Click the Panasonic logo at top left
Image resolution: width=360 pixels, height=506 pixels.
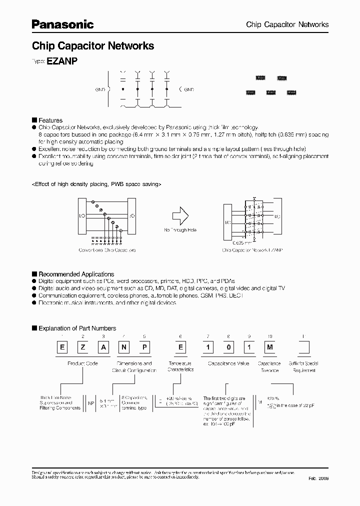(62, 24)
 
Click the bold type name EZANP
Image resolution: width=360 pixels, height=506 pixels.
(61, 60)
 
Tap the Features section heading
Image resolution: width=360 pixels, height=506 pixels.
(50, 120)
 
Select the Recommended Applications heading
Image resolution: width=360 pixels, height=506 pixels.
(76, 274)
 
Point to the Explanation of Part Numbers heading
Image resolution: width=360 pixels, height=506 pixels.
(77, 328)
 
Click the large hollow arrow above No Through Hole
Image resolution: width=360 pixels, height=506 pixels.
(180, 216)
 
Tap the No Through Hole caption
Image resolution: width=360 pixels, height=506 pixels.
(180, 230)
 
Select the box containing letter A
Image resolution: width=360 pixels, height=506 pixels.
(103, 347)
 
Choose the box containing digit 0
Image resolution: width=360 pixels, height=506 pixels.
(227, 347)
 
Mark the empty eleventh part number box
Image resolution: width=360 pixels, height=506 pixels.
(304, 347)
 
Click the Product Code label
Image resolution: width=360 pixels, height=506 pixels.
(82, 363)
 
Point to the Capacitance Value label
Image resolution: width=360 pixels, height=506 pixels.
(229, 363)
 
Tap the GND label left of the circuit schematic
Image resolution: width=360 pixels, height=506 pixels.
(100, 90)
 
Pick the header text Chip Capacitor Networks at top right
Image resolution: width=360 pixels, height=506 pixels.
(287, 24)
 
